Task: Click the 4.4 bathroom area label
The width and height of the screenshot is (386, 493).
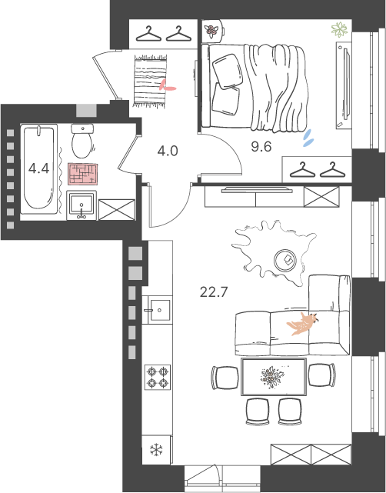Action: (38, 168)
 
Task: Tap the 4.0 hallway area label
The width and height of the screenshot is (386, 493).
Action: (168, 151)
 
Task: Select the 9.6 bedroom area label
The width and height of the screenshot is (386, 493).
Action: (261, 147)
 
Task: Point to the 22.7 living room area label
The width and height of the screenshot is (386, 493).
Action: (214, 292)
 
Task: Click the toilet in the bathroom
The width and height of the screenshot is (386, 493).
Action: (82, 141)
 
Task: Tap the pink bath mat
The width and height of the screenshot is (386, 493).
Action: (83, 174)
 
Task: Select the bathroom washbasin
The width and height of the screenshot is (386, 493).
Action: (82, 205)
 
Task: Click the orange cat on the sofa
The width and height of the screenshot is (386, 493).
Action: (303, 324)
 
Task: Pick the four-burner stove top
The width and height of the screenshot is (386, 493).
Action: (158, 378)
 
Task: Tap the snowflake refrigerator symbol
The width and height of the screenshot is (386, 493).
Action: (156, 449)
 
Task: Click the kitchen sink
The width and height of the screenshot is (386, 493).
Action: (157, 310)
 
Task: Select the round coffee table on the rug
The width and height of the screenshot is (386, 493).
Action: (285, 260)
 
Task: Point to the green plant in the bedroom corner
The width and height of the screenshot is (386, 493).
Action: (339, 29)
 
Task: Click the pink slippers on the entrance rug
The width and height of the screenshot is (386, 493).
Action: (167, 86)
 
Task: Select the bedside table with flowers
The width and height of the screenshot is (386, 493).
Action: (213, 31)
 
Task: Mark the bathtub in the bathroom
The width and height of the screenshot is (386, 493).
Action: (39, 169)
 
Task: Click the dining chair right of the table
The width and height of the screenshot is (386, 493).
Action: (322, 375)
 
